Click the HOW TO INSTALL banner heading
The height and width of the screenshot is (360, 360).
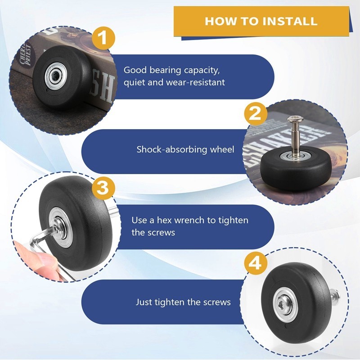[x=261, y=21]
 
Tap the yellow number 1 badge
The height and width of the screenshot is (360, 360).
[x=103, y=38]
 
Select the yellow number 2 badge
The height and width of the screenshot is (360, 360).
[x=256, y=114]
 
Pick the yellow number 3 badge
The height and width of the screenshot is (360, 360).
[x=103, y=188]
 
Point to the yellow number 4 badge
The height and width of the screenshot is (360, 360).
[x=256, y=263]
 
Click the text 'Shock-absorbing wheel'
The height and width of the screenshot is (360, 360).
[x=185, y=149]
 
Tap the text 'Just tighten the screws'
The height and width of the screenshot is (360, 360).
[x=183, y=302]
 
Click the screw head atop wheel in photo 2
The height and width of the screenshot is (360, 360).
[x=296, y=119]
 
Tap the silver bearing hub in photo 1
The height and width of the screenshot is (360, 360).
[x=56, y=75]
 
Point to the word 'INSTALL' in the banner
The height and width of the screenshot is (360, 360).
[x=290, y=21]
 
